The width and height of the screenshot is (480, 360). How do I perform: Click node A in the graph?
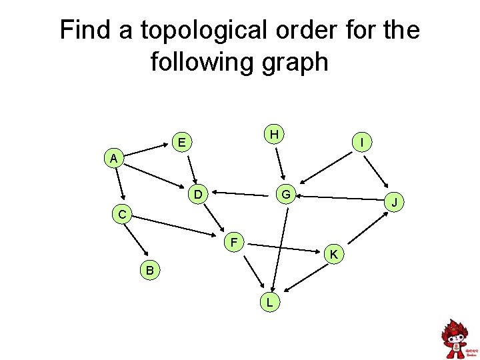coord(114,159)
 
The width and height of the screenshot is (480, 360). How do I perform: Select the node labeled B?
coord(150,270)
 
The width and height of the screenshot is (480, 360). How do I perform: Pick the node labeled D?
coord(198,195)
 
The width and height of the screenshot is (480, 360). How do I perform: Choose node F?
coord(235,241)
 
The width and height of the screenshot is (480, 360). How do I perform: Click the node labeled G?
coord(285,195)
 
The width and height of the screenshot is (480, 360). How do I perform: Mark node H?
coord(273,134)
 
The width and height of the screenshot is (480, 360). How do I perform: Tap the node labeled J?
coord(395,201)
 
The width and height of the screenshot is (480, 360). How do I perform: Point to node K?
coord(333,254)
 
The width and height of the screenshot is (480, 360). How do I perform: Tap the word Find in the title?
coord(85,31)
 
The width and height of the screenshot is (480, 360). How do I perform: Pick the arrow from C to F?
coord(177,226)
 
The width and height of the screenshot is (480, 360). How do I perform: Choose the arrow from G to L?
coord(279,247)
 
